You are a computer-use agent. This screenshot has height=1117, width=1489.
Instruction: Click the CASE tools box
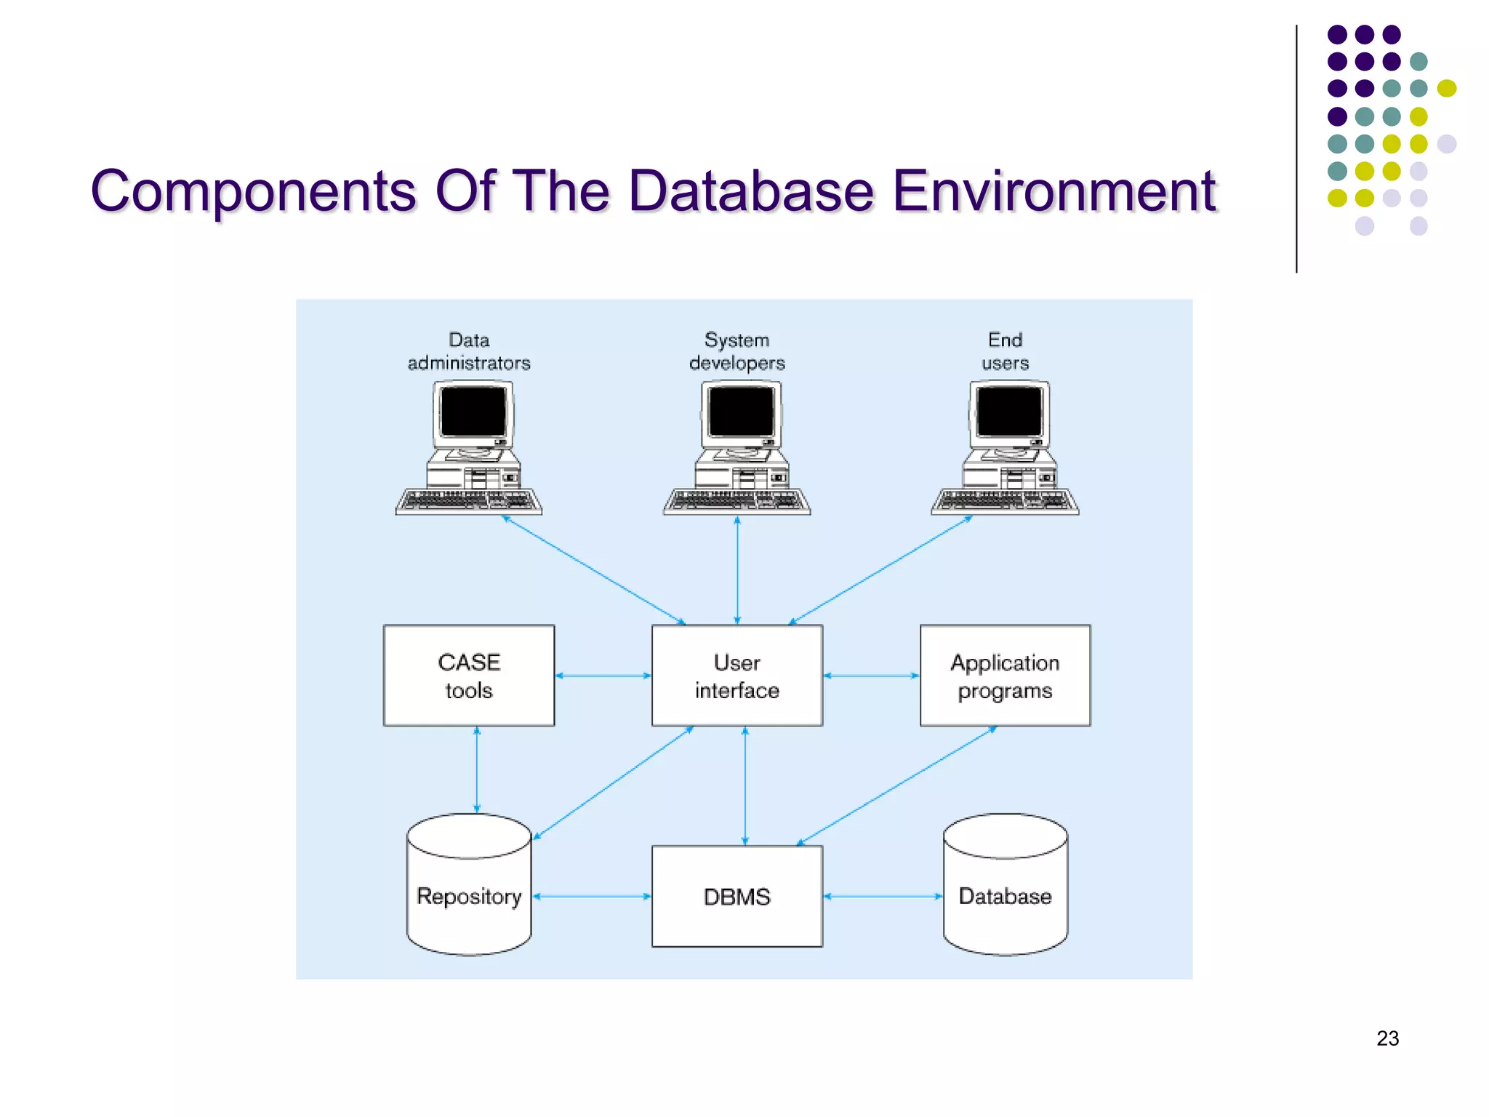[469, 675]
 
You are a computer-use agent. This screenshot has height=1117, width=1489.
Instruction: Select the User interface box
[737, 675]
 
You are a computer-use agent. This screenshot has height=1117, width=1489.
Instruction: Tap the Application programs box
[1005, 675]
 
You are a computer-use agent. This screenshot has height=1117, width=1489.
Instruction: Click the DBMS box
[737, 896]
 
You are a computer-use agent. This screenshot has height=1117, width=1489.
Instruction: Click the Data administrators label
[469, 351]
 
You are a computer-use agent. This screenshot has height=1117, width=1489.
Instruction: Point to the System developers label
[737, 351]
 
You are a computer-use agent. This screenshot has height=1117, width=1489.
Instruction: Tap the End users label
[1005, 351]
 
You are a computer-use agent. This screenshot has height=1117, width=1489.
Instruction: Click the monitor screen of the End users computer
[1009, 412]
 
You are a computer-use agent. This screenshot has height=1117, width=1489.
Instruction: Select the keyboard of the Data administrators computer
[469, 501]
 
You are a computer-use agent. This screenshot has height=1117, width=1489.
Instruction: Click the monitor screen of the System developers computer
[741, 412]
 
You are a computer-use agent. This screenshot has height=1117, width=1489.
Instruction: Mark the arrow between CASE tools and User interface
[603, 676]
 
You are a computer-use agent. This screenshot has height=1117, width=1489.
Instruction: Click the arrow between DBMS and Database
[883, 896]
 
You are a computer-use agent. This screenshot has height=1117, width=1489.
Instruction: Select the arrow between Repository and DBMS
[591, 896]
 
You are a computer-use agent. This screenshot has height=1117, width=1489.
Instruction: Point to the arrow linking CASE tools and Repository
[477, 769]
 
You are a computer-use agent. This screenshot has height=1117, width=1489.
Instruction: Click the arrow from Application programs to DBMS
[896, 785]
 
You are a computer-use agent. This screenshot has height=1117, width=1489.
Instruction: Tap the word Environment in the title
[1053, 191]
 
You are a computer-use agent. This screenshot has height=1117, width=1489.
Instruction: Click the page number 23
[1387, 1038]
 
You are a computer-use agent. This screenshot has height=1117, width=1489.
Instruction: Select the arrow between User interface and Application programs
[871, 676]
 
